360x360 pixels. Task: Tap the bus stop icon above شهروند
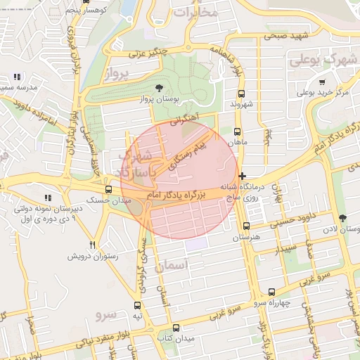(x=241, y=93)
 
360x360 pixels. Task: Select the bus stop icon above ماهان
(x=236, y=131)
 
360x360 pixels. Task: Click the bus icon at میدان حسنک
(x=108, y=189)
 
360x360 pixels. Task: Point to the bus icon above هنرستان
(x=245, y=226)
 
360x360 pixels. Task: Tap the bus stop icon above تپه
(x=136, y=306)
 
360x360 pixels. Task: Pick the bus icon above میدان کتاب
(x=176, y=328)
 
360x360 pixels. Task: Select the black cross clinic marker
(x=243, y=176)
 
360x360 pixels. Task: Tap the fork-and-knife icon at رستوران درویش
(x=91, y=245)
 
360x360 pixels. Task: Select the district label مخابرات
(x=195, y=12)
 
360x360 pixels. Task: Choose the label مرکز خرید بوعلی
(x=322, y=92)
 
